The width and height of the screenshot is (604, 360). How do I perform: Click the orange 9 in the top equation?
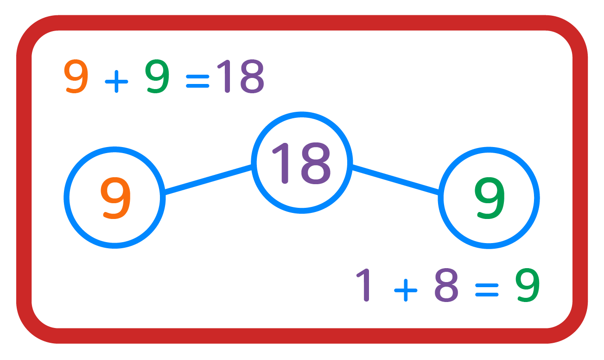click(x=76, y=77)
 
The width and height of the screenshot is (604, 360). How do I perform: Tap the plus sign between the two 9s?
click(x=116, y=83)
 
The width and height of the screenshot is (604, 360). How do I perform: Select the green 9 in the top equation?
click(x=157, y=77)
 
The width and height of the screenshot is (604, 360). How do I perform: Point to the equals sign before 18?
click(x=197, y=83)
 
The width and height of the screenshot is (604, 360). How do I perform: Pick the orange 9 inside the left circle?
click(x=115, y=198)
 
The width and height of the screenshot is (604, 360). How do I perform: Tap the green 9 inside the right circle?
click(x=490, y=198)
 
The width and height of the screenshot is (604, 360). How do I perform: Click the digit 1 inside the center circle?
click(x=283, y=162)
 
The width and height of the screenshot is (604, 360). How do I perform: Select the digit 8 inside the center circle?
click(x=315, y=162)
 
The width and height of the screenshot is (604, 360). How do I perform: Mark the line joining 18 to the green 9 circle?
click(x=395, y=180)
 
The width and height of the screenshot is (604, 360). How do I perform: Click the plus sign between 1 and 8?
click(x=406, y=290)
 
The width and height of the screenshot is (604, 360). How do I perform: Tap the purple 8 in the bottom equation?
click(x=446, y=285)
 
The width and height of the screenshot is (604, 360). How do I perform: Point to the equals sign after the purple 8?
click(x=486, y=290)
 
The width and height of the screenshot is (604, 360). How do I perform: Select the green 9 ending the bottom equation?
click(x=528, y=285)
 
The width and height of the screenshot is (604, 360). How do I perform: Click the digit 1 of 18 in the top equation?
click(x=224, y=77)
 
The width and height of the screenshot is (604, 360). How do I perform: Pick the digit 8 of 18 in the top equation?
click(x=250, y=77)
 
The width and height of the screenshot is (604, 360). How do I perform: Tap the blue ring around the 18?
click(x=302, y=115)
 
